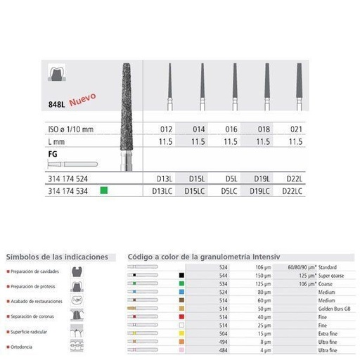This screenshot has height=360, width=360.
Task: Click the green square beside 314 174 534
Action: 104,190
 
